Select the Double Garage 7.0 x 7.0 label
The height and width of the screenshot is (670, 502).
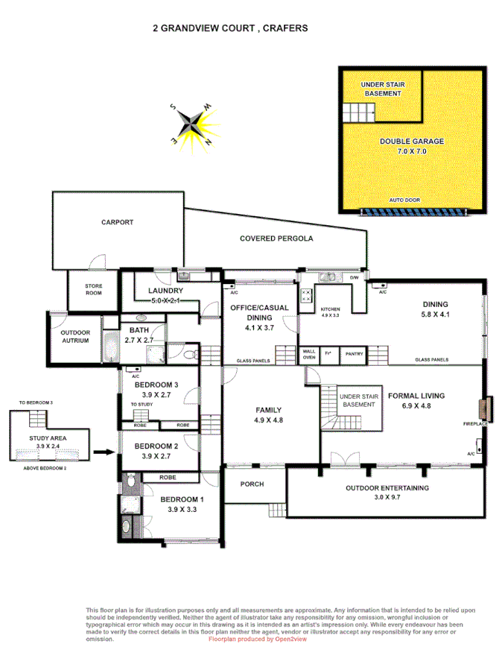(x=412, y=146)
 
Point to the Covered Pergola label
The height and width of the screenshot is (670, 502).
(x=276, y=239)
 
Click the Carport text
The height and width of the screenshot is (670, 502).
(x=118, y=222)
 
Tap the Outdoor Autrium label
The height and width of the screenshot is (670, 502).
(x=74, y=336)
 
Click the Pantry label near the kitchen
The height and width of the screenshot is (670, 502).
(x=352, y=355)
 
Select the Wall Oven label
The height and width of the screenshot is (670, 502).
(x=308, y=354)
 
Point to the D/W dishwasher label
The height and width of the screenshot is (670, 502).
(x=355, y=278)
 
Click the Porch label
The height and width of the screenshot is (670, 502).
(x=252, y=484)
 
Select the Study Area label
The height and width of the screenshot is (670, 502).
(x=48, y=439)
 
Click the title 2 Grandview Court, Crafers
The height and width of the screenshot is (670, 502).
(x=230, y=28)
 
